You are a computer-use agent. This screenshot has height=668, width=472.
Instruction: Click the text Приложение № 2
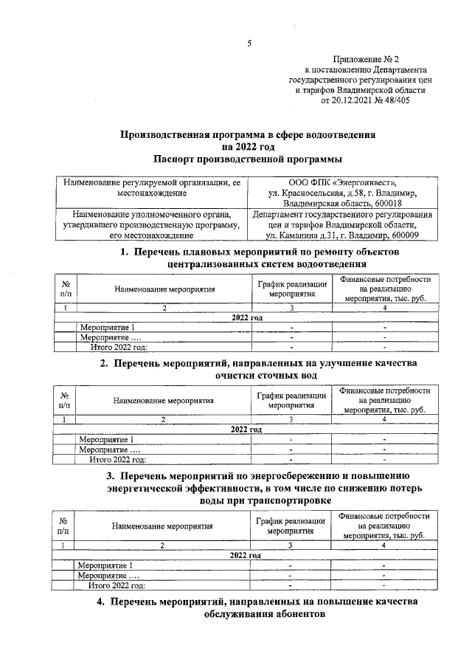(x=365, y=58)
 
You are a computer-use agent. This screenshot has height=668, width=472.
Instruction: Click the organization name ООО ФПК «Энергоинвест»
(x=342, y=182)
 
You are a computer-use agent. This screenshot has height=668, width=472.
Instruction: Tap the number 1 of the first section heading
(x=125, y=253)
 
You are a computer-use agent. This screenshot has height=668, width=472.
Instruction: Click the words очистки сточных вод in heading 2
(x=265, y=375)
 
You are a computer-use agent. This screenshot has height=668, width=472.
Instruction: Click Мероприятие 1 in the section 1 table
(x=108, y=327)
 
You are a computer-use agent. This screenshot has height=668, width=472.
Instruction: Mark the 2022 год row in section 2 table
(x=247, y=429)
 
